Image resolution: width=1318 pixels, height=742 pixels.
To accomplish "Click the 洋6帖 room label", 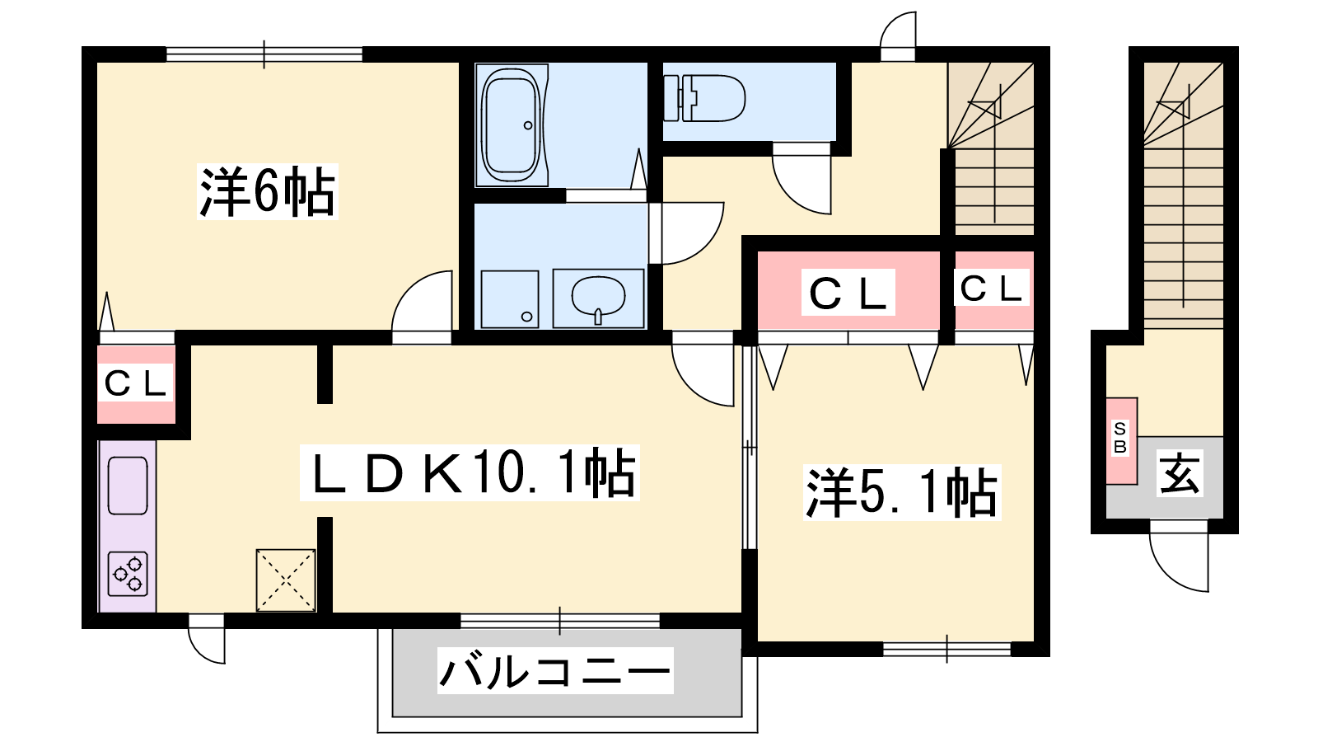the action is pyautogui.click(x=268, y=191).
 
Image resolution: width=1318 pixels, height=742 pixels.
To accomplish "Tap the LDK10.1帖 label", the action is pyautogui.click(x=470, y=473).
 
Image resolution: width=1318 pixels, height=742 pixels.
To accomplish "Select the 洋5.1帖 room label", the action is pyautogui.click(x=902, y=492).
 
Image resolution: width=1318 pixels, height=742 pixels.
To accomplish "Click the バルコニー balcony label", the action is pyautogui.click(x=555, y=671).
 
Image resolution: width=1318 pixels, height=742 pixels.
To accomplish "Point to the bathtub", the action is pyautogui.click(x=511, y=125).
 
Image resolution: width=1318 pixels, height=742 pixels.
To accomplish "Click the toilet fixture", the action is pyautogui.click(x=704, y=98).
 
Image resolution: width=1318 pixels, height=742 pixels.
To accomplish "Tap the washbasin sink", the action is pyautogui.click(x=598, y=298).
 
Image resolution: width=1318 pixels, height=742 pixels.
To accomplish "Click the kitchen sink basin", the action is pyautogui.click(x=128, y=486).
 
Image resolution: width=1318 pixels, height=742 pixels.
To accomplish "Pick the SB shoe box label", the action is pyautogui.click(x=1120, y=438).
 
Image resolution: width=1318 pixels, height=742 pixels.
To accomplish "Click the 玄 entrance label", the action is pyautogui.click(x=1180, y=473).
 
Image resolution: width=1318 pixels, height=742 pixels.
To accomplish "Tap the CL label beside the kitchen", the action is pyautogui.click(x=135, y=383).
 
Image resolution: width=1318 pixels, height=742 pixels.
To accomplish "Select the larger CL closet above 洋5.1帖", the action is pyautogui.click(x=848, y=293).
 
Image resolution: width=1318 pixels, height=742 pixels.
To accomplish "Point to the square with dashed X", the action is pyautogui.click(x=286, y=580).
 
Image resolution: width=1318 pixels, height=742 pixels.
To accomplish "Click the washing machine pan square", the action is pyautogui.click(x=510, y=299).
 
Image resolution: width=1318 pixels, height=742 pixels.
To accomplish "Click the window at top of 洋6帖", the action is pyautogui.click(x=264, y=54).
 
